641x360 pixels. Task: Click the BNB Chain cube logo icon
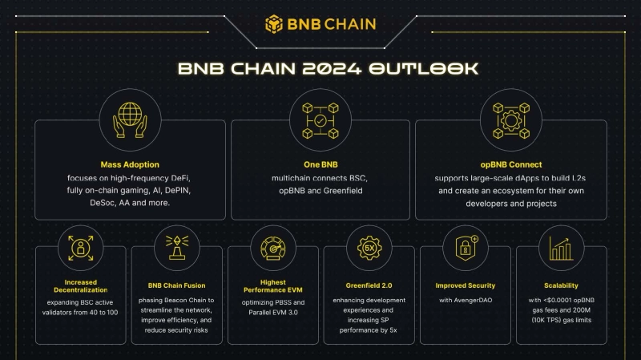tap(273, 24)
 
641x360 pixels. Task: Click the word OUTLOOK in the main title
tap(424, 68)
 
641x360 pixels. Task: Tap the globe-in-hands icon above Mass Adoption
tap(130, 119)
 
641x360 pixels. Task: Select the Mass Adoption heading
tap(130, 164)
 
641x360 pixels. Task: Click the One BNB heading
tap(320, 164)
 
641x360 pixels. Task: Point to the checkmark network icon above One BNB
tap(320, 120)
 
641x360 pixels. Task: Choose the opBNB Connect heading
tap(511, 164)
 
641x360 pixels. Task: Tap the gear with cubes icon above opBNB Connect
tap(511, 120)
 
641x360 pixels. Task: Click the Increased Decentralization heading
tap(81, 286)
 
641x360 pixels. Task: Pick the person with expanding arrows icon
tap(81, 248)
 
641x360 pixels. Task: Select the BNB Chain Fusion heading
tap(176, 285)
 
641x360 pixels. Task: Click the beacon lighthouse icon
tap(177, 248)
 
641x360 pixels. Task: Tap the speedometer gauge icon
tap(273, 248)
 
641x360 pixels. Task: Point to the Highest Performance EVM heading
tap(273, 286)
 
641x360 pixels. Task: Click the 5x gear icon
tap(369, 248)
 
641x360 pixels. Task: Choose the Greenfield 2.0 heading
tap(369, 285)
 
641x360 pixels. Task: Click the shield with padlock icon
tap(466, 248)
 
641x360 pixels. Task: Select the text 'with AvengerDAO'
tap(466, 300)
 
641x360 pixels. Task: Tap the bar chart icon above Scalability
tap(561, 249)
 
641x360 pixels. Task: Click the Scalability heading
tap(561, 285)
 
